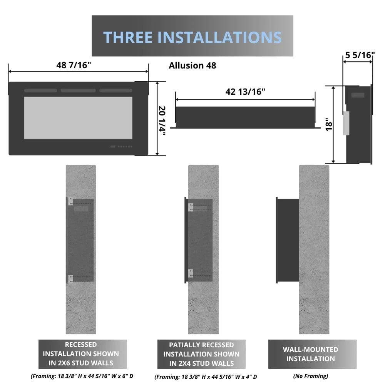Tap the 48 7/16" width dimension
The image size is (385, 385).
(x=74, y=65)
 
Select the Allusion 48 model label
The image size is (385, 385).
(x=192, y=65)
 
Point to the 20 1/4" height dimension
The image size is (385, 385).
(x=162, y=121)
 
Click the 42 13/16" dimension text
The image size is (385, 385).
(x=245, y=92)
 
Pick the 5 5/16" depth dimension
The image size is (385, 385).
(x=360, y=55)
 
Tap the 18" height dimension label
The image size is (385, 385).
(x=329, y=125)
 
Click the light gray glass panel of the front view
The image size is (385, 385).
(x=78, y=118)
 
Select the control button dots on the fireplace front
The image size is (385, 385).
(x=122, y=147)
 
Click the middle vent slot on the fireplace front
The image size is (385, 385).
(x=78, y=90)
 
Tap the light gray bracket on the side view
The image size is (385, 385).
(x=346, y=123)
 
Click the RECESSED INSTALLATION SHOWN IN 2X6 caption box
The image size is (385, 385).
(x=83, y=354)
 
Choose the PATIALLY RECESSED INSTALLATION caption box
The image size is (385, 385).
(x=201, y=354)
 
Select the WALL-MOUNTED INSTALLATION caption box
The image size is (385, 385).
(x=312, y=354)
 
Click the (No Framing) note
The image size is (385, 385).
(x=311, y=376)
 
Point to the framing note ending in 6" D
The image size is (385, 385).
(x=82, y=376)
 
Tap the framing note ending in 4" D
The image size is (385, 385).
(x=206, y=377)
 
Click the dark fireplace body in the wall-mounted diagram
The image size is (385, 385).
(x=288, y=240)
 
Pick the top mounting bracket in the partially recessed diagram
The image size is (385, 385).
(x=191, y=207)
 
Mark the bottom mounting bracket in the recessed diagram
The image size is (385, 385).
(x=70, y=279)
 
